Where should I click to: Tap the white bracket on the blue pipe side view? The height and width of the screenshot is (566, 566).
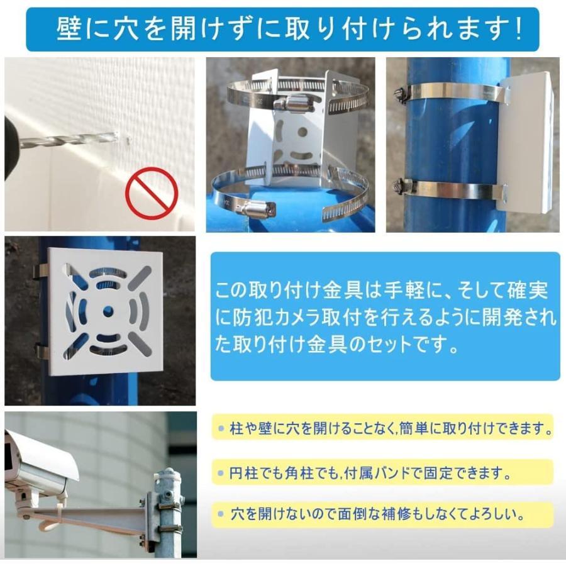click(x=527, y=141)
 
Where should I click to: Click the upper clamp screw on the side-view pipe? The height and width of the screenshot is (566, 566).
click(x=399, y=94)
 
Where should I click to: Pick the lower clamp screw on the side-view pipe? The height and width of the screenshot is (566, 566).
click(x=399, y=186)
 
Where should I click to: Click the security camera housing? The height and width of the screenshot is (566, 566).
click(x=38, y=462)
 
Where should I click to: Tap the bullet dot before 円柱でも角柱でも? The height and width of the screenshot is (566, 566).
click(x=221, y=472)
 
